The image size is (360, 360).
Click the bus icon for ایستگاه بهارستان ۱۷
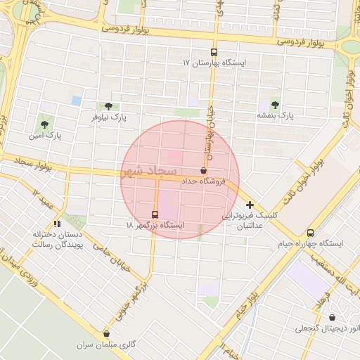click(x=214, y=52)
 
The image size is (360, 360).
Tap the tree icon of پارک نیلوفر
click(x=107, y=106)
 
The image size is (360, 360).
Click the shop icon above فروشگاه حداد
click(x=204, y=170)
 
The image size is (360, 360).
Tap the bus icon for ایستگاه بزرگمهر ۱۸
click(x=155, y=214)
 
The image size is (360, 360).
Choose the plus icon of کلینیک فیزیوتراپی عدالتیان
click(x=250, y=205)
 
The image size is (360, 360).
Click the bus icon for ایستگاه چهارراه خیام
click(x=311, y=233)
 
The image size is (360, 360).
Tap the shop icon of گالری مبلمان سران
click(x=107, y=334)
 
